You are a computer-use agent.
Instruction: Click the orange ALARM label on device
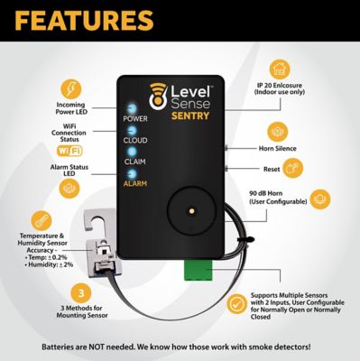(135, 183)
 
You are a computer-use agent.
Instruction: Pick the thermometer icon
(40, 221)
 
